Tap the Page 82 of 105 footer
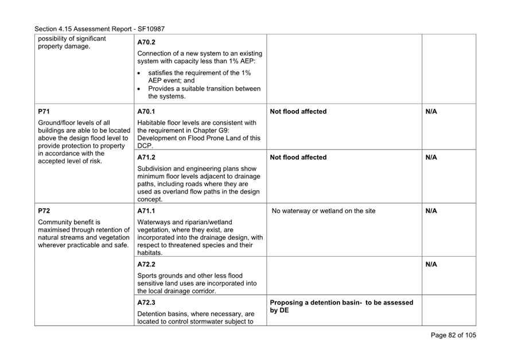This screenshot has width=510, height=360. [453, 335]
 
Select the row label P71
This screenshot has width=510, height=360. [44, 112]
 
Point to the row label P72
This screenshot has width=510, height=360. [44, 211]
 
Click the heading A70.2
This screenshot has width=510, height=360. [147, 42]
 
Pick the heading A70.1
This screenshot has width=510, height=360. [147, 112]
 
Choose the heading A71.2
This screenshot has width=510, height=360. [147, 158]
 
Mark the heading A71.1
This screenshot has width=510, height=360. [147, 211]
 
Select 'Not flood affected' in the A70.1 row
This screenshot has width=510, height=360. [298, 112]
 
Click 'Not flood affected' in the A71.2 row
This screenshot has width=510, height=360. [298, 158]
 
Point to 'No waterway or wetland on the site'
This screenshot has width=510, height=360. [324, 211]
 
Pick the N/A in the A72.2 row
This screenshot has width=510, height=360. [431, 264]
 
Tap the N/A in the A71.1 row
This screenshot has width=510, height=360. [431, 211]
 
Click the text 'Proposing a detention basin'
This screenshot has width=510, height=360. [318, 303]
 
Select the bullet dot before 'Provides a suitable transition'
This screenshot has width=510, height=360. [141, 89]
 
